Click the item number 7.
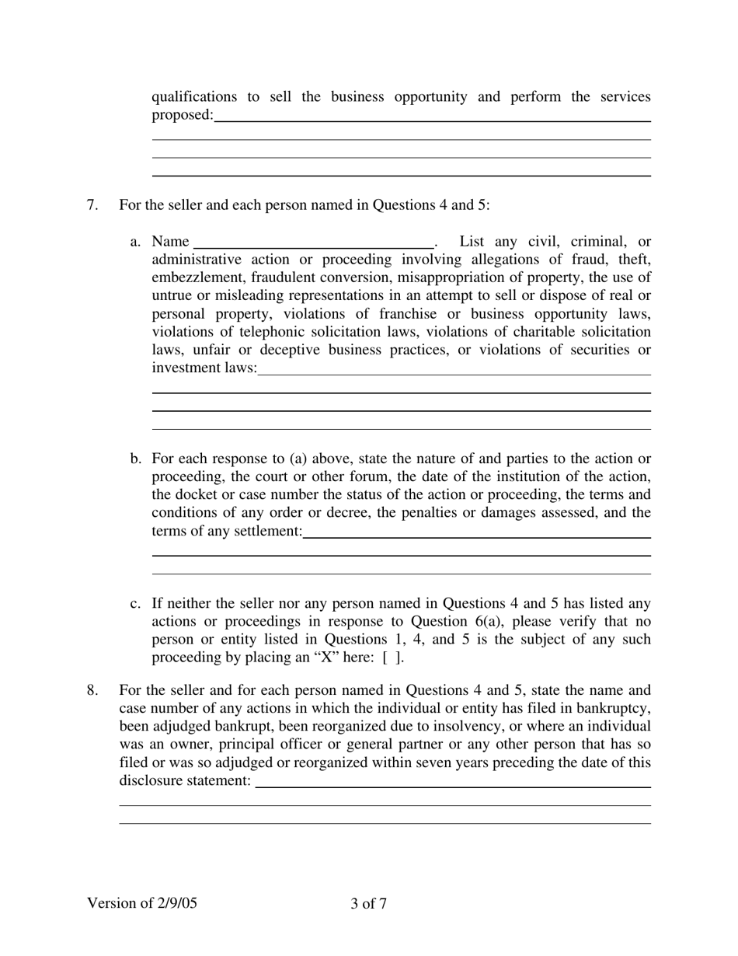click(x=92, y=205)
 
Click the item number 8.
click(x=92, y=690)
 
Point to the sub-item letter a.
click(x=135, y=242)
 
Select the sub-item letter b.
click(x=136, y=459)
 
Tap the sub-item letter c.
click(x=135, y=603)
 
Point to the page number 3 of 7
click(x=368, y=903)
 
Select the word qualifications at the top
click(x=194, y=97)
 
